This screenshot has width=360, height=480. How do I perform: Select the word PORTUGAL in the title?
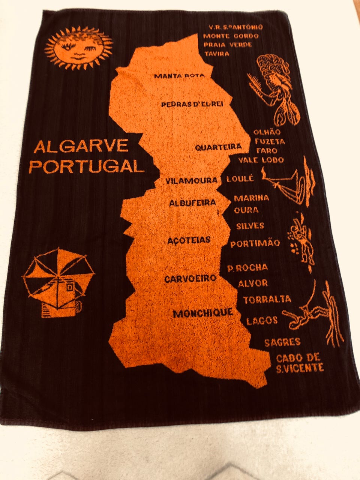86,166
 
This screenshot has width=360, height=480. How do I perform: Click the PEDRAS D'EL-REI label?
192,104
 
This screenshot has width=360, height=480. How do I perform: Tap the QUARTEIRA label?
218,147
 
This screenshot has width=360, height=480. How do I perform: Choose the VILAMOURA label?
192,181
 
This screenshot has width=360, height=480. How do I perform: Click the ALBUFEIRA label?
193,203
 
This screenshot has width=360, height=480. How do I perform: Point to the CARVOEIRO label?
190,279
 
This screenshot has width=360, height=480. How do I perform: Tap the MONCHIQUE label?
203,313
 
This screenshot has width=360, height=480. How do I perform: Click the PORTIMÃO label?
255,243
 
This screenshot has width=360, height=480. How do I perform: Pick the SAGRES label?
282,342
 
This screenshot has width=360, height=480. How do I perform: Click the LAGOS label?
262,320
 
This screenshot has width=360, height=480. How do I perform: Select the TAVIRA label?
217,54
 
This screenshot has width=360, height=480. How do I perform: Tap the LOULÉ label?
240,179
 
